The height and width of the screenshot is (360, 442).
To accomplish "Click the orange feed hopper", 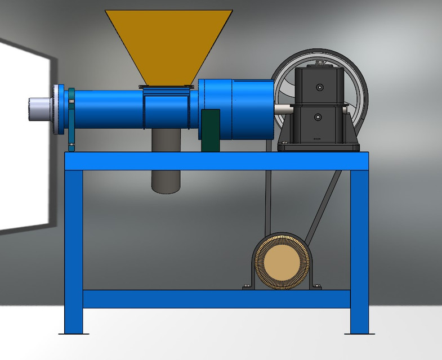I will pos(168,45).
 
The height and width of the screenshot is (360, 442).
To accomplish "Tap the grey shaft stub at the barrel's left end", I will pos(39,109).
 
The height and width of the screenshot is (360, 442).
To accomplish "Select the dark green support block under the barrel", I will pos(210,130).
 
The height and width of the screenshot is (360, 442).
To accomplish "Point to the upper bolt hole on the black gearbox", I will pos(319,87).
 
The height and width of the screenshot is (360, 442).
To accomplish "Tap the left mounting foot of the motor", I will pos(247,287).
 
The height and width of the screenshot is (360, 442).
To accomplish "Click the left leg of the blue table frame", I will pos(73,247).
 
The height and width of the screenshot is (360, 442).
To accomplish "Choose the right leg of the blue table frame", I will pos(359,247).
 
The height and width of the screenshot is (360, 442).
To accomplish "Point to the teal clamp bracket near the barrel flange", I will pos(72,121).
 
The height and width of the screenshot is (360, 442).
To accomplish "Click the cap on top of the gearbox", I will pos(320,66).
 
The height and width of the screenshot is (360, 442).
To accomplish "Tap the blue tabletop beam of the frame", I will pos(216,161).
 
